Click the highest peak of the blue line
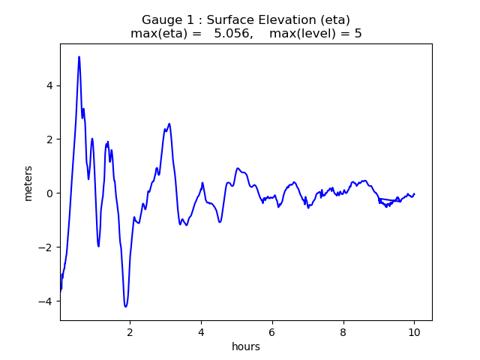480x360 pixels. [x=79, y=57]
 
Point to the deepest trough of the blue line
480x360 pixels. [x=125, y=306]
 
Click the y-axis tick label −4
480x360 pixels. [x=47, y=301]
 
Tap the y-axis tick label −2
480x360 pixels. [x=47, y=247]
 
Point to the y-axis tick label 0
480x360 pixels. [x=50, y=193]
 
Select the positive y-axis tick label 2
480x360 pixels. [x=50, y=139]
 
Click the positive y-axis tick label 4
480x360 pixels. [x=50, y=85]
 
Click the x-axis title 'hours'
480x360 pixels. [x=246, y=346]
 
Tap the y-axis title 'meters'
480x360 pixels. [x=28, y=182]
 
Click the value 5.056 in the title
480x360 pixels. [x=232, y=34]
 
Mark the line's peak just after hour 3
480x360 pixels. [x=169, y=124]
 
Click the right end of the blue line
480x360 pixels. [x=414, y=193]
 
